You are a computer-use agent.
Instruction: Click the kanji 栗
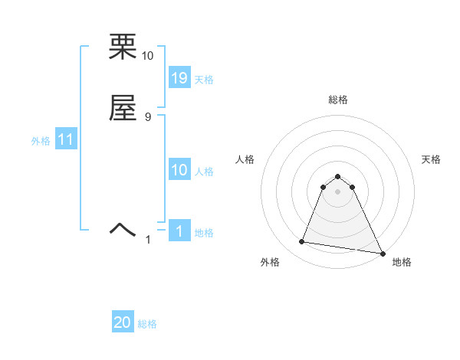click(123, 47)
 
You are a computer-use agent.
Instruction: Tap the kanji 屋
click(123, 108)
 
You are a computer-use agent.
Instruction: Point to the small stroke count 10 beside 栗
click(148, 56)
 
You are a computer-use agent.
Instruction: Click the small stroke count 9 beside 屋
click(148, 116)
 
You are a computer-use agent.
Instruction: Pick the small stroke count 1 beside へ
click(149, 240)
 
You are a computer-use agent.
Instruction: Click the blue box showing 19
click(179, 78)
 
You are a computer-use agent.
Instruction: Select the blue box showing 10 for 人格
click(179, 171)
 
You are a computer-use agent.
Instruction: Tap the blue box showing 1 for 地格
click(179, 231)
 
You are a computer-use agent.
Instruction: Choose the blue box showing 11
click(66, 140)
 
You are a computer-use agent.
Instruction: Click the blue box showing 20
click(123, 323)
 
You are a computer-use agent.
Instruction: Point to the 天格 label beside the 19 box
click(204, 80)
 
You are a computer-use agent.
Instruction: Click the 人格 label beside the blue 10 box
click(204, 172)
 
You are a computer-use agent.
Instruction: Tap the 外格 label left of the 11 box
click(41, 141)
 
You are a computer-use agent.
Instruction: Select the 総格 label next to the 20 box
click(147, 324)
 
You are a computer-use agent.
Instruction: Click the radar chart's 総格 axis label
click(337, 100)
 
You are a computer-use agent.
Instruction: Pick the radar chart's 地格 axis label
click(402, 262)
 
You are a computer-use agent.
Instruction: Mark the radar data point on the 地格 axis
click(383, 254)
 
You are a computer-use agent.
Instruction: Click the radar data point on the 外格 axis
click(302, 242)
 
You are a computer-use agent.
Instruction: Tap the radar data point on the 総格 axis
click(337, 175)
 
